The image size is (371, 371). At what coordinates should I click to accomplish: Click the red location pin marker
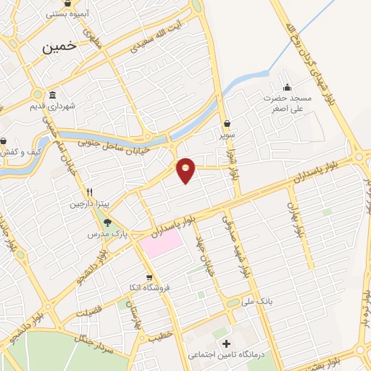(x=186, y=170)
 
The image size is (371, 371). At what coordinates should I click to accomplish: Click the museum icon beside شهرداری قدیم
(x=52, y=96)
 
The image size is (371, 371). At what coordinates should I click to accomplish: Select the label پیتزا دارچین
(x=88, y=204)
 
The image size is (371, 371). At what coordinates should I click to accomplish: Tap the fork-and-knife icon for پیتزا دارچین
(x=90, y=192)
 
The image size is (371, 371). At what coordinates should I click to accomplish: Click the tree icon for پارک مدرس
(x=108, y=223)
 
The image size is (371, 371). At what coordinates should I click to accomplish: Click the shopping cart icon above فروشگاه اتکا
(x=149, y=276)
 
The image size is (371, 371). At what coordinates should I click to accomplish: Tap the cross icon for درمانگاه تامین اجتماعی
(x=226, y=343)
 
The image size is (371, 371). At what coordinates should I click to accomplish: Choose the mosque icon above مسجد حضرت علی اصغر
(x=287, y=87)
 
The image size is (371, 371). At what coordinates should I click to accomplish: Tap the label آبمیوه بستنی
(x=67, y=14)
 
